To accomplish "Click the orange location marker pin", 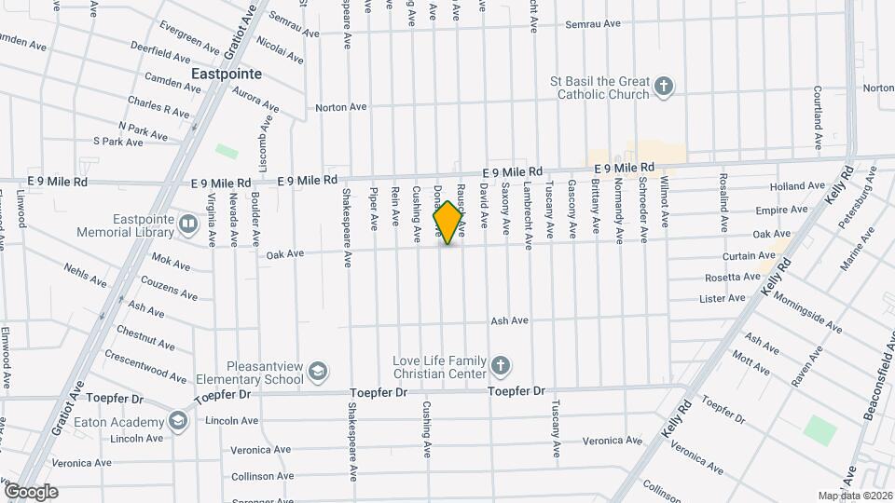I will pyautogui.click(x=447, y=223).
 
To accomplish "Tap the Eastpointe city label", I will pyautogui.click(x=226, y=73).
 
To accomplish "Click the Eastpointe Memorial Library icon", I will pyautogui.click(x=188, y=224).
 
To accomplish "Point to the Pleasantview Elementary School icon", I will pyautogui.click(x=318, y=373).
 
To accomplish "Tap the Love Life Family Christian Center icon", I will pyautogui.click(x=501, y=366).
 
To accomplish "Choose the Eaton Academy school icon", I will pyautogui.click(x=178, y=422).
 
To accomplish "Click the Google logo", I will pyautogui.click(x=30, y=492).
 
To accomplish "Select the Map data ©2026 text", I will pyautogui.click(x=854, y=496).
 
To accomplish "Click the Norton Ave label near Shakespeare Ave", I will pyautogui.click(x=340, y=107).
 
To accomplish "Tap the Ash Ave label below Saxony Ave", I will pyautogui.click(x=510, y=320).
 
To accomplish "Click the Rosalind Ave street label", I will pyautogui.click(x=723, y=207).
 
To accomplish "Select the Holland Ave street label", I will pyautogui.click(x=798, y=186).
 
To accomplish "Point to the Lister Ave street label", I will pyautogui.click(x=723, y=298).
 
